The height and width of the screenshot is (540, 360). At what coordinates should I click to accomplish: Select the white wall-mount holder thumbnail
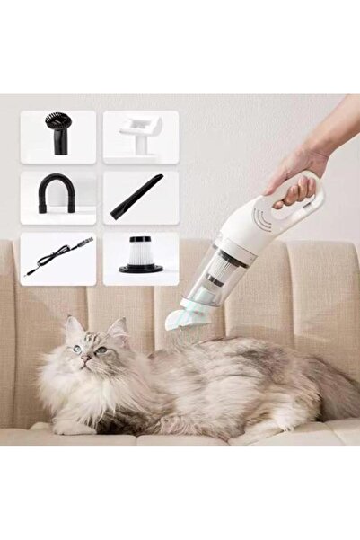click(x=141, y=136)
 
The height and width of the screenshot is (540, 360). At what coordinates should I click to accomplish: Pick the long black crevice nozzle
click(x=136, y=197)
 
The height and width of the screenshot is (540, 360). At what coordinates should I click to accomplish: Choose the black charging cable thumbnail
click(x=57, y=257)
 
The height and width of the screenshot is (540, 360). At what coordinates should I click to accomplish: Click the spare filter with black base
click(x=141, y=256)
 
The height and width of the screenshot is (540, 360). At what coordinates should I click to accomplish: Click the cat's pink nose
click(x=84, y=358)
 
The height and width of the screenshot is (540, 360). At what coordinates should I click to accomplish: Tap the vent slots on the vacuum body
click(x=262, y=219)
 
